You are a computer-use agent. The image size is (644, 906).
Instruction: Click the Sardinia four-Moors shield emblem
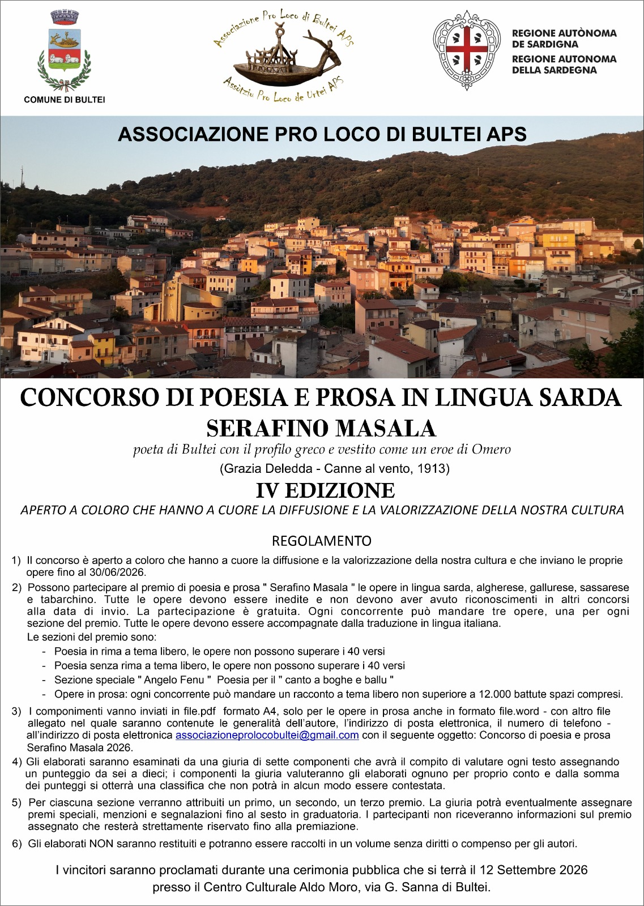click(x=466, y=50)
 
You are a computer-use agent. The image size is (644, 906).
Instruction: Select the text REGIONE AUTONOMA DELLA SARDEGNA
click(x=564, y=64)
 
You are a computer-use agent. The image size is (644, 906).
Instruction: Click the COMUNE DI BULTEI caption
click(x=64, y=100)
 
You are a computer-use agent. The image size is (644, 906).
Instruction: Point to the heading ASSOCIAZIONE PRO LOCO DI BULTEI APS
click(x=322, y=134)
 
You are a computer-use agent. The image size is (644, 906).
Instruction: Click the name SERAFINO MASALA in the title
click(x=321, y=428)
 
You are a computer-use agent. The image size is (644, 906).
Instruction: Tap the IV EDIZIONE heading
click(x=325, y=490)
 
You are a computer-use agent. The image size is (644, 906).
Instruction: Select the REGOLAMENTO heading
click(x=321, y=540)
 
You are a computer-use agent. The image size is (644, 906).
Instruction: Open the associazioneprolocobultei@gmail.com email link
click(x=267, y=735)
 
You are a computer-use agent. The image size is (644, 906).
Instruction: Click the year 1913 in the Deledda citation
click(x=433, y=469)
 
